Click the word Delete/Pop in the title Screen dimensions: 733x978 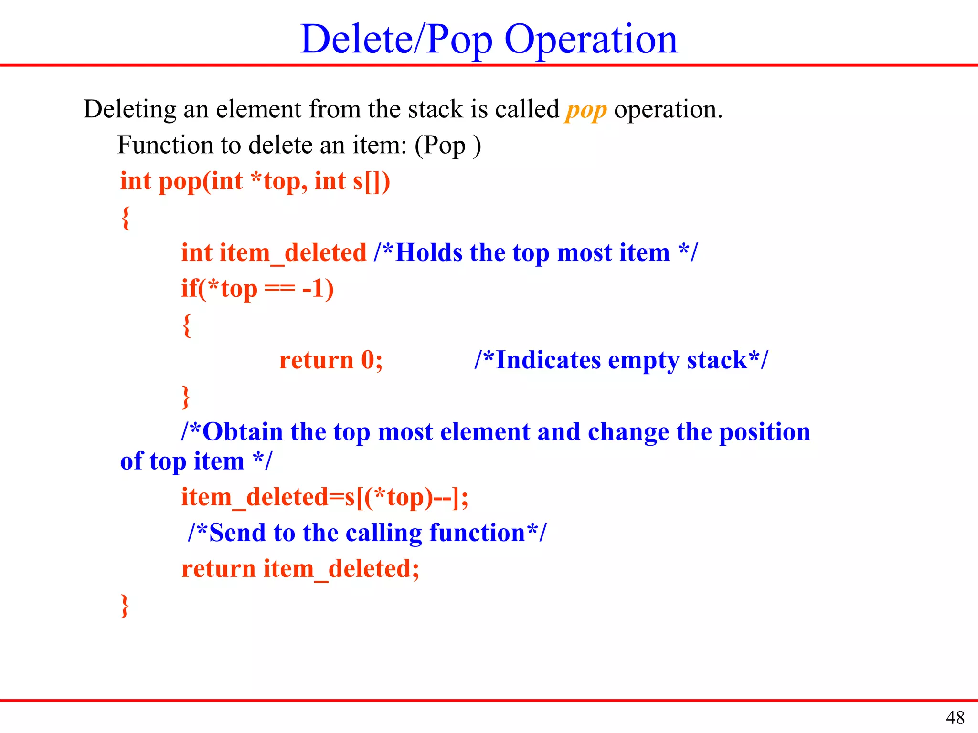396,39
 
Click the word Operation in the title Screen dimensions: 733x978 591,39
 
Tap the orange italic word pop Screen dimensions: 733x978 586,110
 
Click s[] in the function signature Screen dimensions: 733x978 371,181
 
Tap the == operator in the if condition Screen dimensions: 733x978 280,289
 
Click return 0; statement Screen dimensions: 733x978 330,360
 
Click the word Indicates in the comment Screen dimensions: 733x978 548,360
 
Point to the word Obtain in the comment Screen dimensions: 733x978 243,432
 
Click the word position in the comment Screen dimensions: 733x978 765,432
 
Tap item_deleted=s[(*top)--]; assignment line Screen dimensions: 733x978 325,497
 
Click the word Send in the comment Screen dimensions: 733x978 237,533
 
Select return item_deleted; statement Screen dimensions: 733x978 300,569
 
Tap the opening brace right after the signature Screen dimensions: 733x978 126,218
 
